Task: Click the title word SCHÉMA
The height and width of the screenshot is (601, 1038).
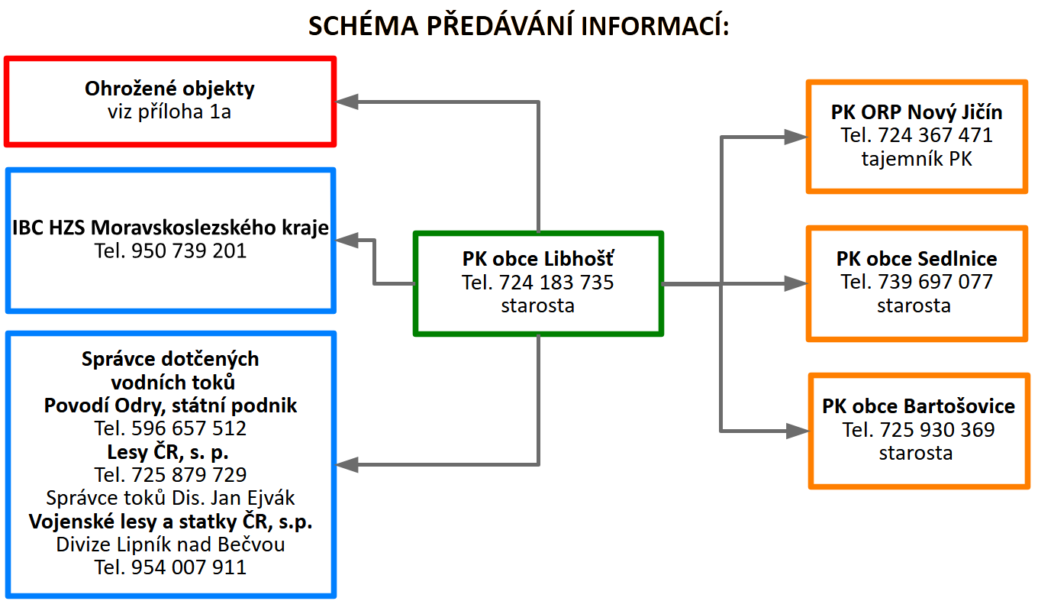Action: point(363,25)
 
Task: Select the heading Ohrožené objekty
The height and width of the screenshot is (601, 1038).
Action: point(169,89)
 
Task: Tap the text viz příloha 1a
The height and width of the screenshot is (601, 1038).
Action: point(169,112)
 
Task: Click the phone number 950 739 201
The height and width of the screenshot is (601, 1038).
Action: point(189,251)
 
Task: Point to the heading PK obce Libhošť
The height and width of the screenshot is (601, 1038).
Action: point(538,259)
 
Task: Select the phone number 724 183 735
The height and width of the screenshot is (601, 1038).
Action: point(556,283)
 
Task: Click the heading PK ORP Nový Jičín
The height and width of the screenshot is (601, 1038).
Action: point(917,112)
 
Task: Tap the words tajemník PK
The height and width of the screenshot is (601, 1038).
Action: point(917,159)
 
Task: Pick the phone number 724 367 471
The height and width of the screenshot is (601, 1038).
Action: point(935,135)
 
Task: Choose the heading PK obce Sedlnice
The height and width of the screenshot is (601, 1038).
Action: point(917,259)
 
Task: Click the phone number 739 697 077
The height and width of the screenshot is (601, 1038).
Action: point(935,282)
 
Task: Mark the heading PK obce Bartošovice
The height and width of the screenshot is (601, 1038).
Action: point(918,406)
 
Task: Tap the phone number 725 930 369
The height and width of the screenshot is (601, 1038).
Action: point(937,430)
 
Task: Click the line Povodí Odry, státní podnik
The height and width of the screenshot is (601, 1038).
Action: point(170,406)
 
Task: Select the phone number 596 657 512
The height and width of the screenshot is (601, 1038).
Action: point(189,428)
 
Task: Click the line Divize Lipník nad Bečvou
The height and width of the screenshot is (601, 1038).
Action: point(170,544)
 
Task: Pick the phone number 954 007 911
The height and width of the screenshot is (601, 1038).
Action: point(189,567)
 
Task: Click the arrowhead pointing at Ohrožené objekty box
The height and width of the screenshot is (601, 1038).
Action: point(347,102)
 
